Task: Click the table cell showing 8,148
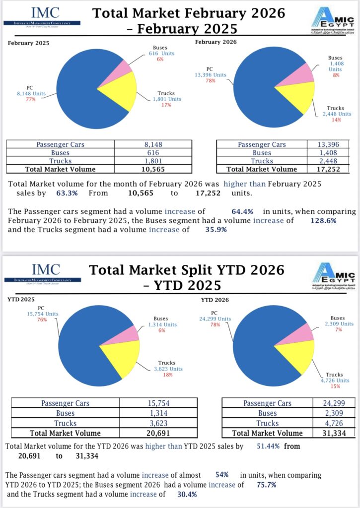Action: click(x=152, y=144)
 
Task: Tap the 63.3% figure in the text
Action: click(x=62, y=192)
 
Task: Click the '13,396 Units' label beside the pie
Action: click(x=210, y=75)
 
